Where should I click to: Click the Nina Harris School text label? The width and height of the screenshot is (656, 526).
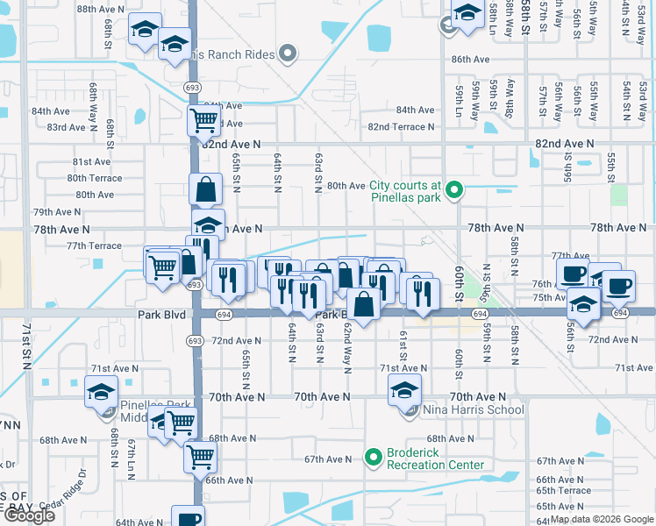click(474, 409)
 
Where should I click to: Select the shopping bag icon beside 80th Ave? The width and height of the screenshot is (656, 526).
click(205, 188)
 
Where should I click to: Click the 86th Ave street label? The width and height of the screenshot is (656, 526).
click(470, 59)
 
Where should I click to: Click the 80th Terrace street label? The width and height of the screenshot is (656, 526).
click(95, 178)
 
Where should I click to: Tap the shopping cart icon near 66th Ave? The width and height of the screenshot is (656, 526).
click(201, 457)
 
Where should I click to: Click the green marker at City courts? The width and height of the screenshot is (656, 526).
click(453, 189)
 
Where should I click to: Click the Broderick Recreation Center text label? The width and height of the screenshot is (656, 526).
click(436, 465)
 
